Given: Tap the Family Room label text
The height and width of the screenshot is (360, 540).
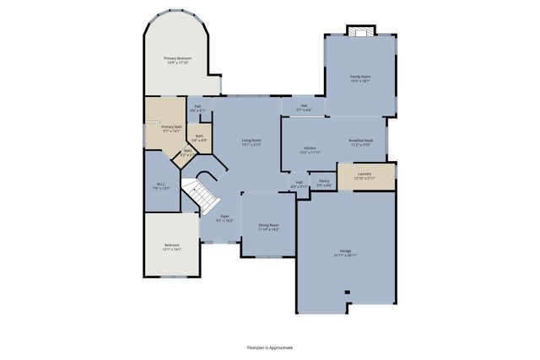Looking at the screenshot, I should coord(360,78).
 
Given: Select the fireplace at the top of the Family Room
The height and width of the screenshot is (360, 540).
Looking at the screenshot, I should coord(360,33).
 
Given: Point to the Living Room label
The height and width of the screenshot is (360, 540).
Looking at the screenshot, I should coord(251,142).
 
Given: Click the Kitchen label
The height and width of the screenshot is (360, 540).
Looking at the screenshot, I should coord(310,150).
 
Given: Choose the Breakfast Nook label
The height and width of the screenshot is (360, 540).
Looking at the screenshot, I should coord(367,142).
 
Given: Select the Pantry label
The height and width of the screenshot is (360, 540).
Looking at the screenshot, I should coord(323,182).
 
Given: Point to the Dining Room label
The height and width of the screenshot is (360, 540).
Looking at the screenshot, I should coord(268,227).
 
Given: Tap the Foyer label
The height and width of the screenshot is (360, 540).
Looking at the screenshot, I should coord(224,218).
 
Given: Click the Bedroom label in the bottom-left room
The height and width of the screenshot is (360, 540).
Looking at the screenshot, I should coord(171,246).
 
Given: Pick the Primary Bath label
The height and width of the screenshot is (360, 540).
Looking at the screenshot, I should coord(171,128).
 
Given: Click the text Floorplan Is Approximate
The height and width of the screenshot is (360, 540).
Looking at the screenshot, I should coord(269,347).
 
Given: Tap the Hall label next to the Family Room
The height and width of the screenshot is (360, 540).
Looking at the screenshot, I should coord(304,108).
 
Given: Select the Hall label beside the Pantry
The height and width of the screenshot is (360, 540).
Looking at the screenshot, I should coord(299,185).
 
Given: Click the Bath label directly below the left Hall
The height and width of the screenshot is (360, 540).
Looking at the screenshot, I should coord(199,137).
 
